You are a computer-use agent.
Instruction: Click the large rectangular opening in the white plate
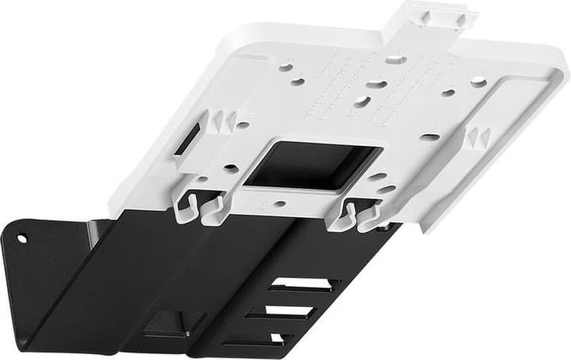point(313,164)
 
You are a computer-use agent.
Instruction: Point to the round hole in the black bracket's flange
point(22,237)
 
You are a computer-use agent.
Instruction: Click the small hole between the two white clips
point(279,204)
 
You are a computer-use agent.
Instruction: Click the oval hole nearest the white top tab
point(396,59)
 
